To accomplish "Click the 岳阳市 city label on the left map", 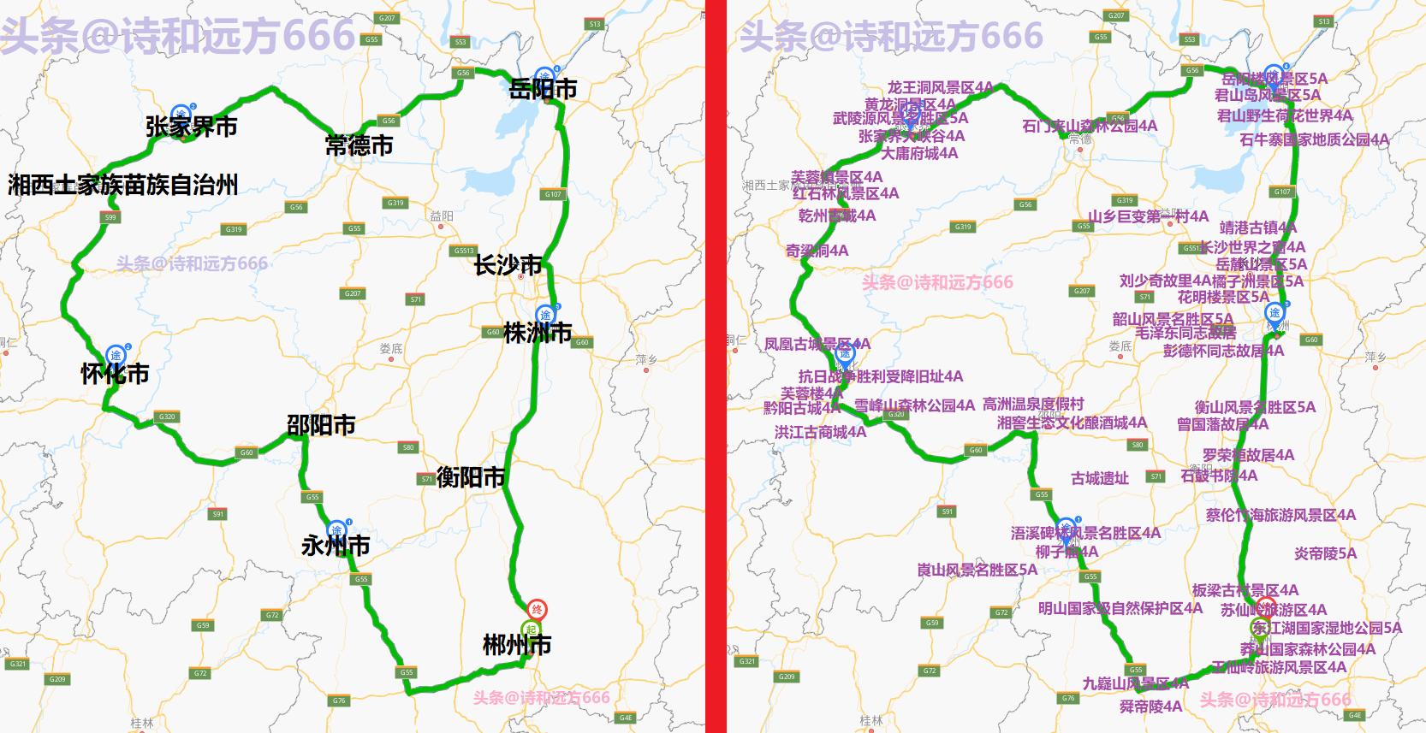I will pyautogui.click(x=543, y=89).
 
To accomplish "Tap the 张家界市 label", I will pyautogui.click(x=191, y=127).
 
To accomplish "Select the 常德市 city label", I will pyautogui.click(x=359, y=145).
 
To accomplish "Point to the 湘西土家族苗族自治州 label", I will pyautogui.click(x=123, y=186).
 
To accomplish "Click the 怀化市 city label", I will pyautogui.click(x=115, y=374).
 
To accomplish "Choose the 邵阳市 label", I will pyautogui.click(x=321, y=425).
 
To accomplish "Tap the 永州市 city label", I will pyautogui.click(x=336, y=546).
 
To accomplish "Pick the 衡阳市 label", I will pyautogui.click(x=471, y=476).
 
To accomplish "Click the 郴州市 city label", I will pyautogui.click(x=517, y=645).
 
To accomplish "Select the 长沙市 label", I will pyautogui.click(x=508, y=265).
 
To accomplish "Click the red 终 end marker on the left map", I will pyautogui.click(x=537, y=610).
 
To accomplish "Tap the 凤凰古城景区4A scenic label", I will pyautogui.click(x=817, y=344).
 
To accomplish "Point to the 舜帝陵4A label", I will pyautogui.click(x=1150, y=706).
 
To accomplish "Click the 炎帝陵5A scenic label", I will pyautogui.click(x=1325, y=553).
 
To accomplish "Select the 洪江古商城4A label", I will pyautogui.click(x=820, y=433).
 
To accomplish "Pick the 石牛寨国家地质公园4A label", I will pyautogui.click(x=1314, y=139).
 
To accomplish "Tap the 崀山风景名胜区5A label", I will pyautogui.click(x=977, y=570).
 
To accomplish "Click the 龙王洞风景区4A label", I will pyautogui.click(x=940, y=87).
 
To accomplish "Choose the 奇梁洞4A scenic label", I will pyautogui.click(x=817, y=251).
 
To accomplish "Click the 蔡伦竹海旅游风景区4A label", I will pyautogui.click(x=1280, y=515).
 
